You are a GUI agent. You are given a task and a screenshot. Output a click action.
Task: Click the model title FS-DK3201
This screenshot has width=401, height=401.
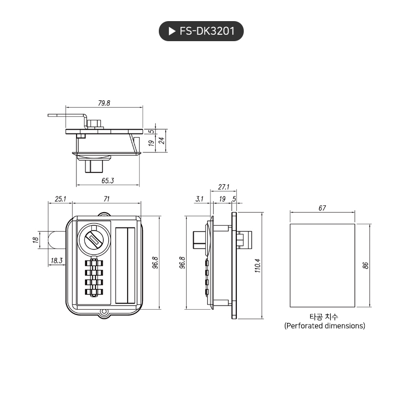click(x=207, y=32)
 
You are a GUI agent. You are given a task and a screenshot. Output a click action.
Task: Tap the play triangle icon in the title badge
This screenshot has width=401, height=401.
click(x=171, y=32)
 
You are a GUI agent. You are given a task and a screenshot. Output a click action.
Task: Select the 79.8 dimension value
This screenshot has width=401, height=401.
click(x=104, y=103)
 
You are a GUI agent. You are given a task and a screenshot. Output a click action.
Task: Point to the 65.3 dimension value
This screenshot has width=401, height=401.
click(x=108, y=180)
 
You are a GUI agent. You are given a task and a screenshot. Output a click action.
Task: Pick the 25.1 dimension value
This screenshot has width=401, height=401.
click(x=60, y=199)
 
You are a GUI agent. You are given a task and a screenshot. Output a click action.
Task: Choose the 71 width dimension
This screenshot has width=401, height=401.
click(x=107, y=199)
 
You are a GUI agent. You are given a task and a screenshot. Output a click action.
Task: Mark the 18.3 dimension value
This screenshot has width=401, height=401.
click(x=56, y=260)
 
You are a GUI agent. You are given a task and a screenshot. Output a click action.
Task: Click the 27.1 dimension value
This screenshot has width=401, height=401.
click(x=223, y=187)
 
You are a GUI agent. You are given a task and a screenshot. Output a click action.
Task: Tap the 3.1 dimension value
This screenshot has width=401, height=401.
click(x=199, y=199)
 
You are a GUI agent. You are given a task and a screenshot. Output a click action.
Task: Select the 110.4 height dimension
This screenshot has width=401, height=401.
click(x=257, y=265)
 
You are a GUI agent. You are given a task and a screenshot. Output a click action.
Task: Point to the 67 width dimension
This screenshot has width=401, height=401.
click(x=322, y=208)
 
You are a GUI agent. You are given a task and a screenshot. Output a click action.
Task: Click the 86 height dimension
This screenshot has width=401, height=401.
click(x=365, y=265)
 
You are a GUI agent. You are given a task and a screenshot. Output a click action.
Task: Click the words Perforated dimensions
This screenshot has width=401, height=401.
click(x=324, y=326)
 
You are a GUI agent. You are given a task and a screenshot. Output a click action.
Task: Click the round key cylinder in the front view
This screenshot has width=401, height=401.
click(x=94, y=240)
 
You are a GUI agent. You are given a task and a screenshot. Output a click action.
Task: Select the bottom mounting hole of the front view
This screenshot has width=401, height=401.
click(x=104, y=313)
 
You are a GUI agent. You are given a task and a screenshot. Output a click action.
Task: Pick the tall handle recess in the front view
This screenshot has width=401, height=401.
click(x=125, y=265)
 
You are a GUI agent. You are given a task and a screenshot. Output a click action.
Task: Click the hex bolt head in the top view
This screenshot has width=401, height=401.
click(x=95, y=123)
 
